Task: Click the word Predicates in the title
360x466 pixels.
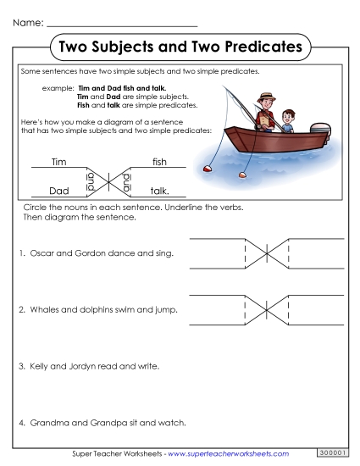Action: [259, 46]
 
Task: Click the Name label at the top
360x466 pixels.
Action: [25, 19]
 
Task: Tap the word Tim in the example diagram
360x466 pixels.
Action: [58, 162]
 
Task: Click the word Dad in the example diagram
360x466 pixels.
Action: [58, 191]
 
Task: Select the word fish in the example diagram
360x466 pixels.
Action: [159, 162]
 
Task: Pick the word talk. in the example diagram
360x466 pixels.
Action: [160, 191]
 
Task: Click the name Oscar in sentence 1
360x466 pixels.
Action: [42, 253]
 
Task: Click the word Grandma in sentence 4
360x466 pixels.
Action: [50, 422]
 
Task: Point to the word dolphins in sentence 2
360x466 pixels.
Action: [95, 310]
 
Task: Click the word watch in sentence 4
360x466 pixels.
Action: [172, 422]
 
